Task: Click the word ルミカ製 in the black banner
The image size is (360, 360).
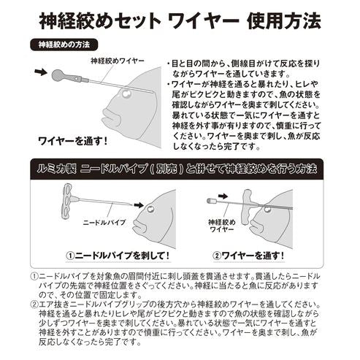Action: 59,169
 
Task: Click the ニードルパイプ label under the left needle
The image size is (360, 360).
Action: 104,220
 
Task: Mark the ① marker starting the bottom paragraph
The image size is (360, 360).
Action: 35,277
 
